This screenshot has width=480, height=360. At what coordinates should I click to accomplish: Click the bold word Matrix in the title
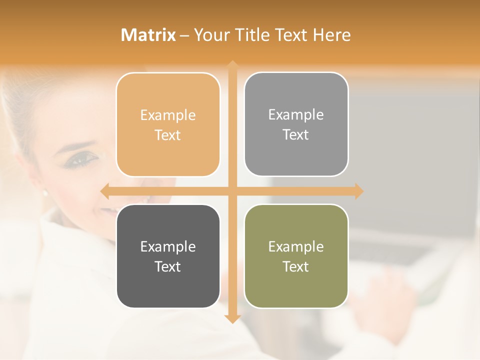coord(148,35)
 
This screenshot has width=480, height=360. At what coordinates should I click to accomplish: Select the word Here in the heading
coord(331,35)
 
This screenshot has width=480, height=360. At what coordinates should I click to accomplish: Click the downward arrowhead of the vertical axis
coord(232,318)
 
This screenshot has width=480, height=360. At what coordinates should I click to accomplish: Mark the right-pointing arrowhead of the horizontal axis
coord(358,191)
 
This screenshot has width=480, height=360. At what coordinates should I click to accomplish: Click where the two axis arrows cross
coord(232,191)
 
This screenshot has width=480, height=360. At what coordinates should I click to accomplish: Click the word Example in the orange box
coord(168,115)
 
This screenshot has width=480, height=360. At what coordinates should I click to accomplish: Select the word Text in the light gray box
coord(296,135)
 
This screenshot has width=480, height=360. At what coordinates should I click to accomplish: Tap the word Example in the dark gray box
coord(168,247)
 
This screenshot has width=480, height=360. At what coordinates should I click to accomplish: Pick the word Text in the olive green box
coord(296,266)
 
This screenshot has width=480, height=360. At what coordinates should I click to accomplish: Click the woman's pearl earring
coord(44,192)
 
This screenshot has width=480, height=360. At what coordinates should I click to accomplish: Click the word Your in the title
coord(212,35)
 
